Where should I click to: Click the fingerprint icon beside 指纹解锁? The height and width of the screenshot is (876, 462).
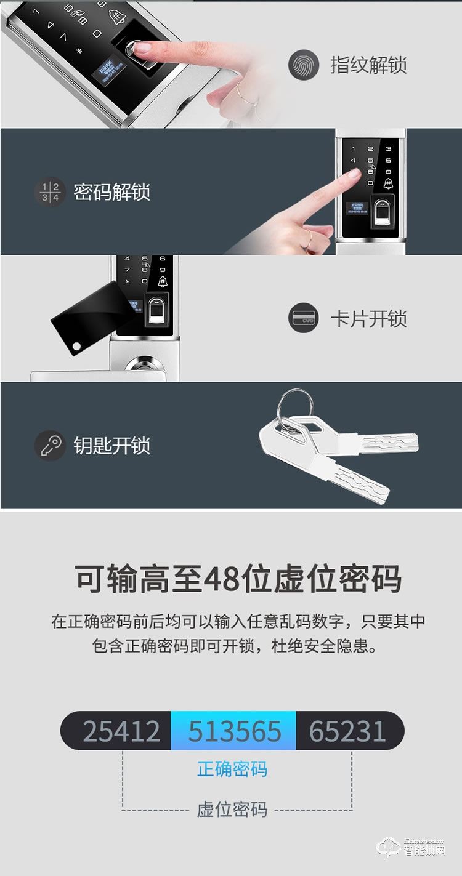pos(304,65)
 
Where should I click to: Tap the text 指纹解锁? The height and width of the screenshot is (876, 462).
pos(368,65)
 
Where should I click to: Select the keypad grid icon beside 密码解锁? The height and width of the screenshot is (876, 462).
pos(50,191)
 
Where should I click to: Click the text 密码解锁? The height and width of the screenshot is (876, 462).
pos(112,191)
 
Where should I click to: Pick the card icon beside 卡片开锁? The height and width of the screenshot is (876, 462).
pos(304,319)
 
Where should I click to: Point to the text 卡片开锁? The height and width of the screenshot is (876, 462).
pos(368,319)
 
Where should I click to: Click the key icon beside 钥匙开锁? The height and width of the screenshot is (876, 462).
pos(50,445)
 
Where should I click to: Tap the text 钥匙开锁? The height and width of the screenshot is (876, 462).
pos(112,445)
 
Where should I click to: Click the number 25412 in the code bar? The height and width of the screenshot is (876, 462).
pos(121,731)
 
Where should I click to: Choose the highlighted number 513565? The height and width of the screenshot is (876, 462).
pos(234,731)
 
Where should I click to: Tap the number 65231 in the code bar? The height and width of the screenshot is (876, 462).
pos(347,731)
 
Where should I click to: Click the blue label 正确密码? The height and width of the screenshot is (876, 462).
pos(232,769)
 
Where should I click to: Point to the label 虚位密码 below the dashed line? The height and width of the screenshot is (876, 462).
pos(232,809)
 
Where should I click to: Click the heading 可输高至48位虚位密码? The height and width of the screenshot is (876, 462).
pos(238,579)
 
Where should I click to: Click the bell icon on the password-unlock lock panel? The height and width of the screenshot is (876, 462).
pos(389,183)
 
